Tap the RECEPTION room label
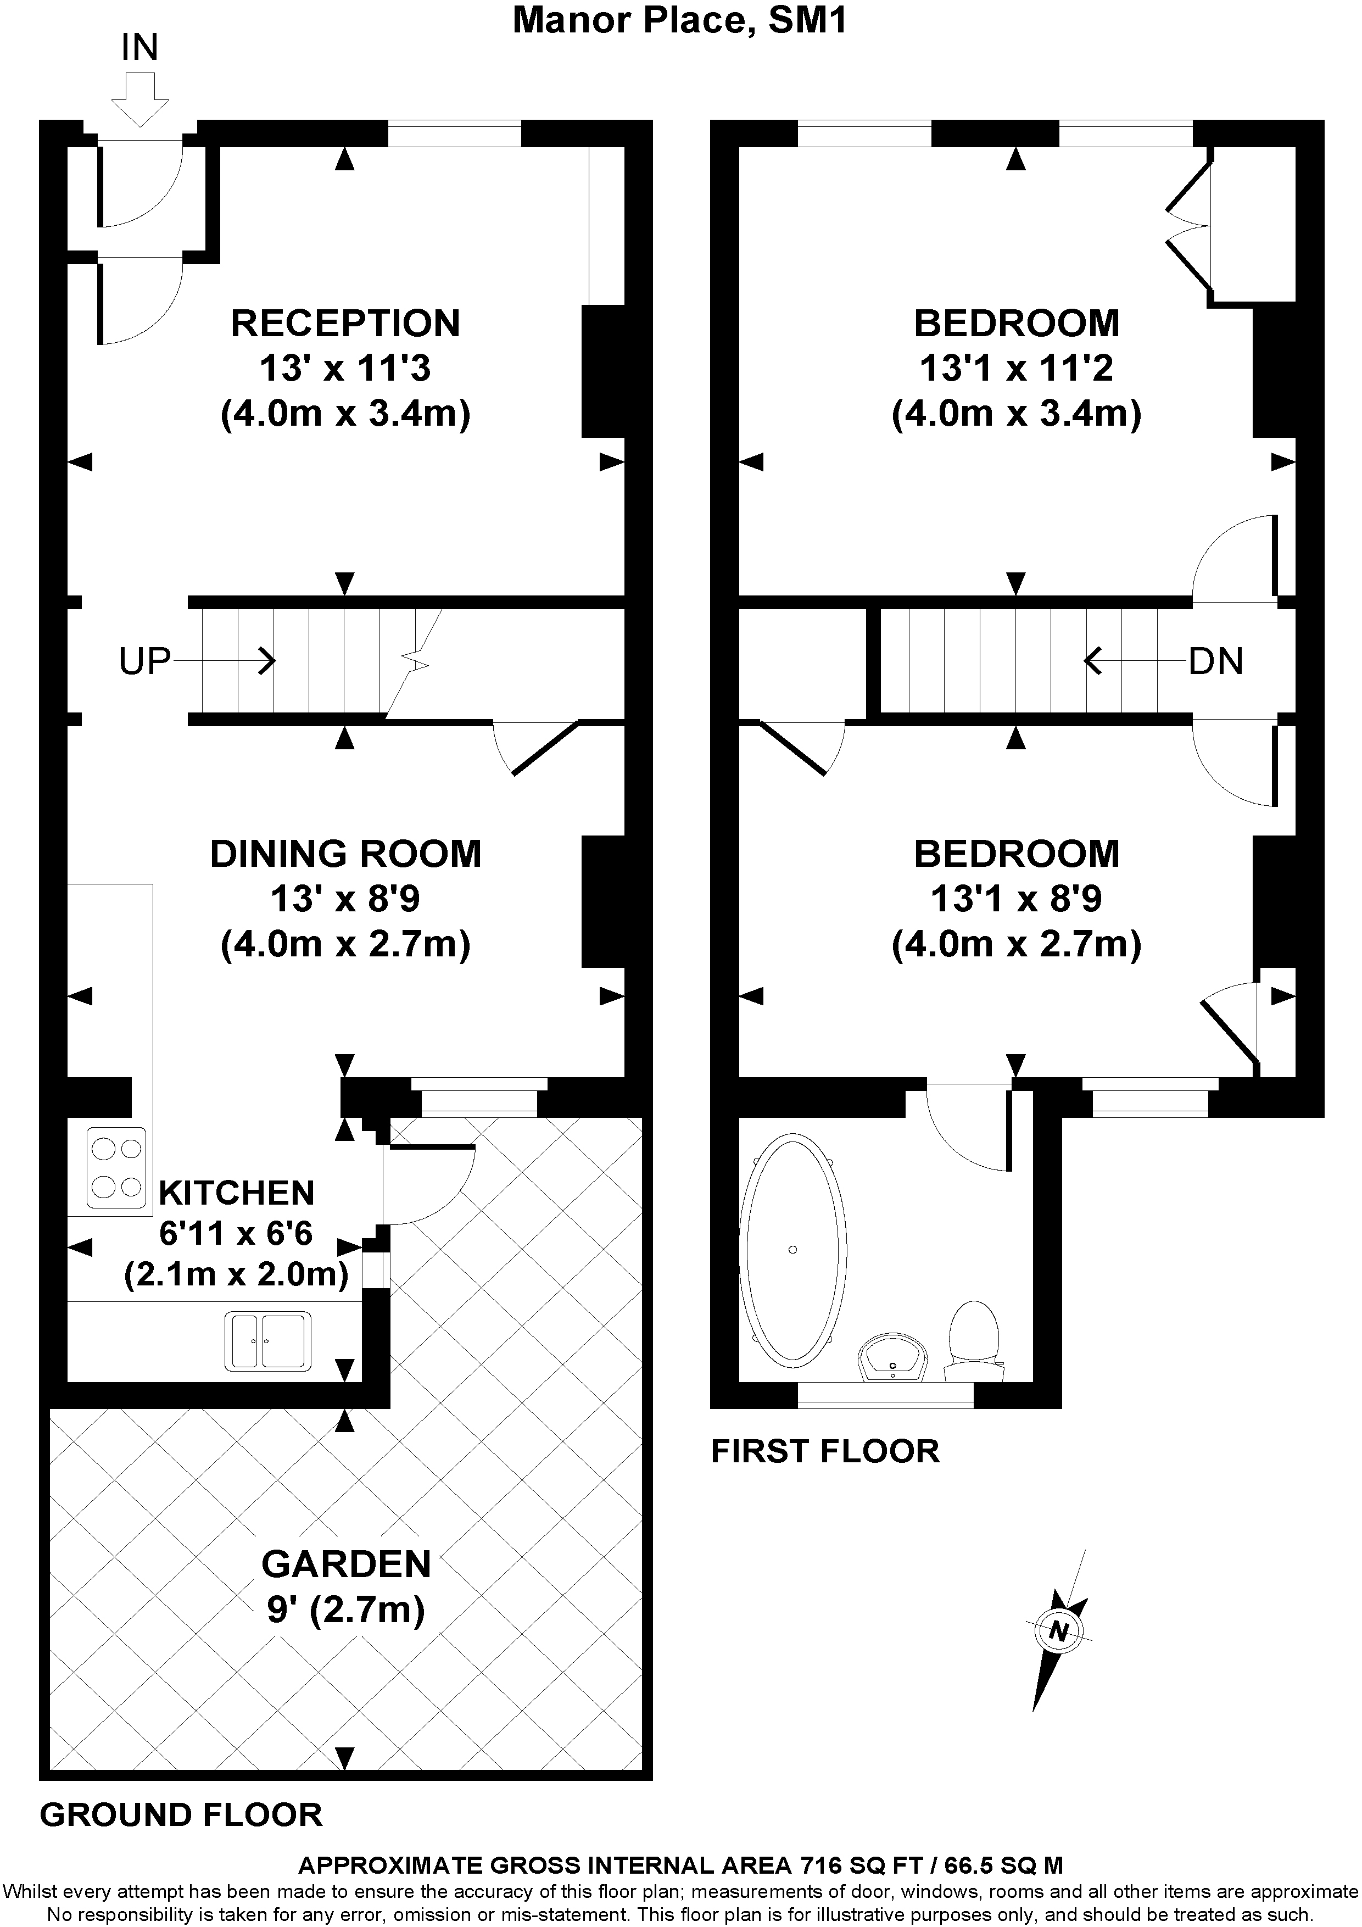pos(346,323)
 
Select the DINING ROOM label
pos(346,854)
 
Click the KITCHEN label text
pos(237,1193)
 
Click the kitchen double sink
pos(267,1340)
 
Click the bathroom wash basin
pos(892,1357)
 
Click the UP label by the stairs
pos(144,661)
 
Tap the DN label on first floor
pos(1216,661)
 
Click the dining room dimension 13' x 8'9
pos(346,899)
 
